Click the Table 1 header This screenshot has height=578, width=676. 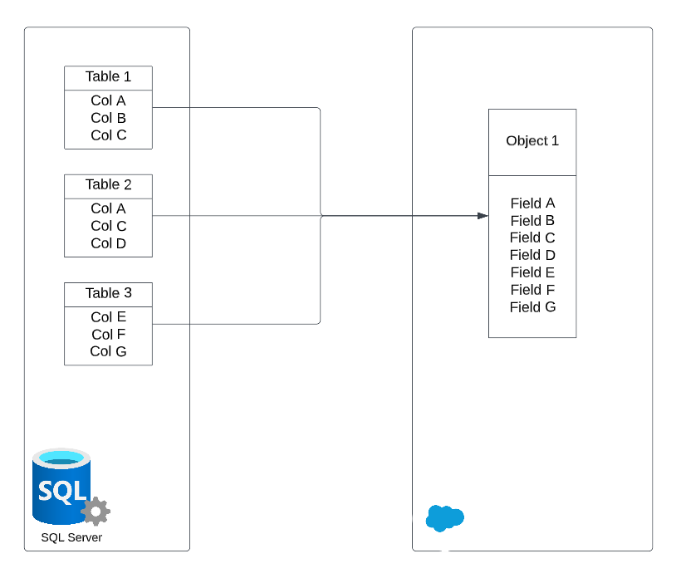coord(108,77)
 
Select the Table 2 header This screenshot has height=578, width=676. coord(108,185)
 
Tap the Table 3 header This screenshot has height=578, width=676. coord(108,293)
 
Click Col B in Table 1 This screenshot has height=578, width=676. coord(108,118)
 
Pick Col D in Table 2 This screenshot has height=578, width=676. coord(108,243)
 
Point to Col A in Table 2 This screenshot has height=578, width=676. coord(108,208)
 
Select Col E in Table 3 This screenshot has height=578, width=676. coord(108,317)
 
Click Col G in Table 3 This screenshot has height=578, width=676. coord(108,351)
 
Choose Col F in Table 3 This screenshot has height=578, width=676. coord(108,335)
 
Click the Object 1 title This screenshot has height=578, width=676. coord(532,141)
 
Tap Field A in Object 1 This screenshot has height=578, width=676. coord(532,203)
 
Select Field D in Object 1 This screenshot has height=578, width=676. coord(532,255)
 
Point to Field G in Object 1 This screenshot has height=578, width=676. coord(532,307)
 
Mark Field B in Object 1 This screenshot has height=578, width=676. coord(532,221)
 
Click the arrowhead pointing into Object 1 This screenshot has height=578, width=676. coord(483,216)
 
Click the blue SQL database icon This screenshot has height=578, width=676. coord(60,486)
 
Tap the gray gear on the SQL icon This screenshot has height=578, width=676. coord(96,511)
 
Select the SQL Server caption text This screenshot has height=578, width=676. coord(71,537)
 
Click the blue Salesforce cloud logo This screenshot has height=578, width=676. coord(444,517)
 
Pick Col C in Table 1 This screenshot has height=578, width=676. coord(108,135)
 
